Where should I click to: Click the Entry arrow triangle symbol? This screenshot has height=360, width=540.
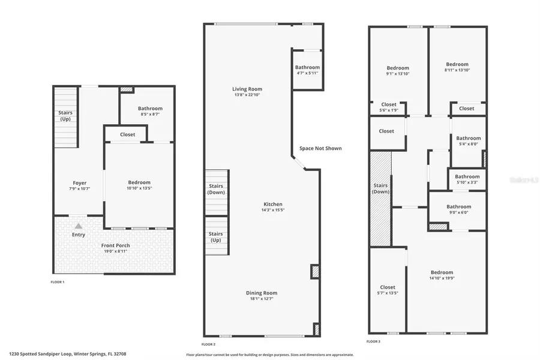[x=78, y=226]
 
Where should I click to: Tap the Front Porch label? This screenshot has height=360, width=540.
[x=115, y=245]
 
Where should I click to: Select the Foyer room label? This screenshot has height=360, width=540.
[x=80, y=183]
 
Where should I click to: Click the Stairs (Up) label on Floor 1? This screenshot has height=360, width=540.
[x=65, y=116]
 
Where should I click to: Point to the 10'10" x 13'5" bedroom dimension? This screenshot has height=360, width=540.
[x=139, y=188]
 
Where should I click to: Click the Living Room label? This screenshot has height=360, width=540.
[x=247, y=89]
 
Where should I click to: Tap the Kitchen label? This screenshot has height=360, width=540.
[x=272, y=204]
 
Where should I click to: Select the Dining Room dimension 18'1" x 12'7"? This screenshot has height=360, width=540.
[x=262, y=299]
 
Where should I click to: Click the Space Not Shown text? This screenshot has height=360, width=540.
[x=320, y=148]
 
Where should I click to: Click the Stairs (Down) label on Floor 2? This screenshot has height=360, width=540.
[x=216, y=189]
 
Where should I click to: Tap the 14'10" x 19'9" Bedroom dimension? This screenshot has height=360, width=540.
[x=441, y=278]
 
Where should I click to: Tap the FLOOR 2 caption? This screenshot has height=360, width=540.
[x=208, y=344]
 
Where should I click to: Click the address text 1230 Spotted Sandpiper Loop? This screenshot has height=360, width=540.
[x=41, y=354]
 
